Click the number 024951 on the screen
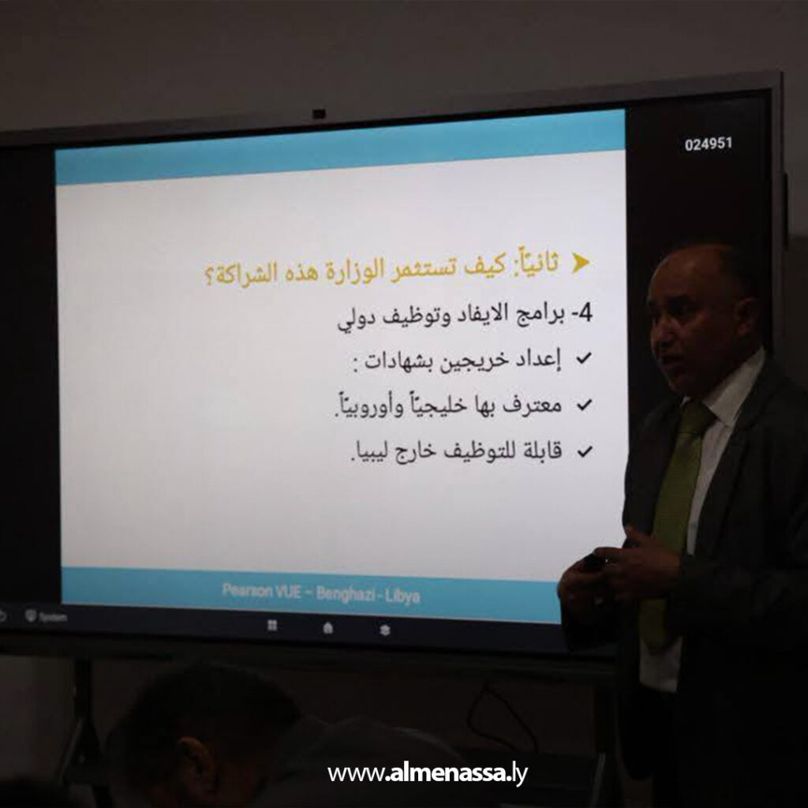click(708, 144)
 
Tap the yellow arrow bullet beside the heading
click(581, 264)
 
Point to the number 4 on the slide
click(585, 313)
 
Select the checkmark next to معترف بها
click(584, 406)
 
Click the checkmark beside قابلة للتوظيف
click(584, 452)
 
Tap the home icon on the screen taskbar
click(328, 628)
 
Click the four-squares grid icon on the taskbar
click(272, 626)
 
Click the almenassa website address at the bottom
click(427, 773)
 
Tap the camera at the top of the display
click(319, 114)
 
